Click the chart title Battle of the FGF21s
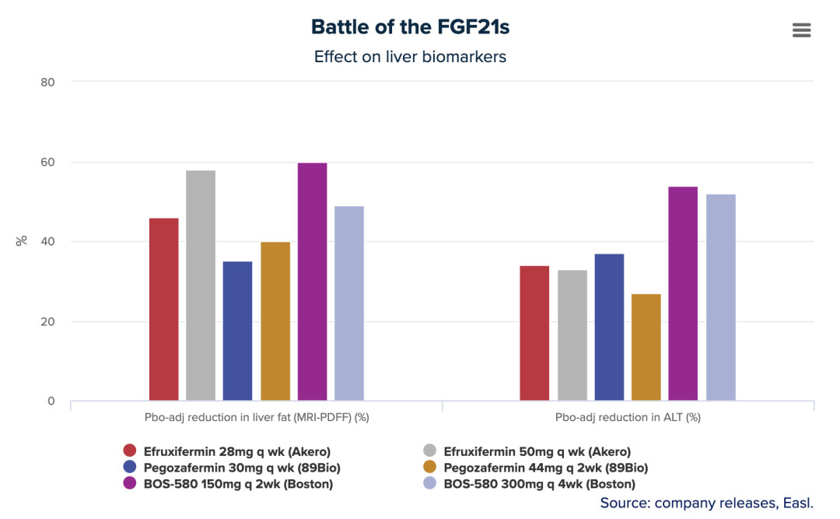pos(410,27)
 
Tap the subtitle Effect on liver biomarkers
pos(410,57)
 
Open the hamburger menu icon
pos(801,30)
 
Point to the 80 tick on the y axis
pos(47,82)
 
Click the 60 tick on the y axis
pos(47,162)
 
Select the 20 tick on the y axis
pos(47,321)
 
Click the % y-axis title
pos(22,240)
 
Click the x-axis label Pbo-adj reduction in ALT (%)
pos(628,417)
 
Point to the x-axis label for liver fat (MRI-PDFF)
pos(257,417)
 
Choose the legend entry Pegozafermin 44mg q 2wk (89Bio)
pos(545,468)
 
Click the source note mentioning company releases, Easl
pos(706,503)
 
